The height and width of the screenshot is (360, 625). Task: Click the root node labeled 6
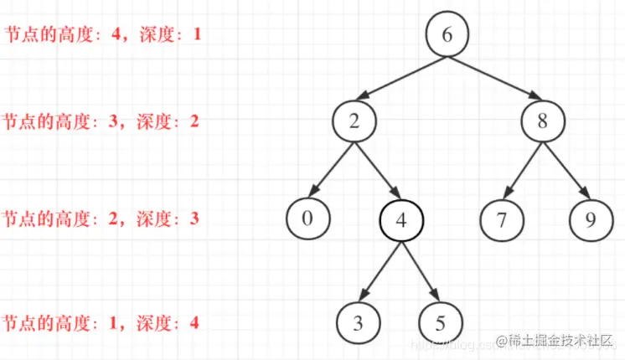pyautogui.click(x=446, y=35)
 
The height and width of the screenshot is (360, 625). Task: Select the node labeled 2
pyautogui.click(x=354, y=121)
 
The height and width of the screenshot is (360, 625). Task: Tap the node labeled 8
pyautogui.click(x=542, y=121)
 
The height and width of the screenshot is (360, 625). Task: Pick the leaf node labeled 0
pyautogui.click(x=307, y=219)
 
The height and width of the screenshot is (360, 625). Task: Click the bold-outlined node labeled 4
pyautogui.click(x=401, y=221)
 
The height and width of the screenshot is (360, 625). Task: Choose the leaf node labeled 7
pyautogui.click(x=502, y=221)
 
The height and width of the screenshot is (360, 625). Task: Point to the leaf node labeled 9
pyautogui.click(x=591, y=221)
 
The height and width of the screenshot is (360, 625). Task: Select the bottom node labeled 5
pyautogui.click(x=440, y=322)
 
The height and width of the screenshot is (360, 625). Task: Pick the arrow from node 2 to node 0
pyautogui.click(x=332, y=170)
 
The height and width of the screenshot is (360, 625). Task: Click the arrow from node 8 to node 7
pyautogui.click(x=523, y=170)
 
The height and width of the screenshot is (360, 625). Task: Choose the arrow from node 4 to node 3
pyautogui.click(x=381, y=271)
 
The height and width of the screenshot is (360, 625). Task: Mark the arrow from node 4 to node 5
pyautogui.click(x=421, y=271)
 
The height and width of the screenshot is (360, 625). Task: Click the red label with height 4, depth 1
pyautogui.click(x=102, y=37)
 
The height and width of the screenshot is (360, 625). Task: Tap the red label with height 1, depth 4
pyautogui.click(x=101, y=322)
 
